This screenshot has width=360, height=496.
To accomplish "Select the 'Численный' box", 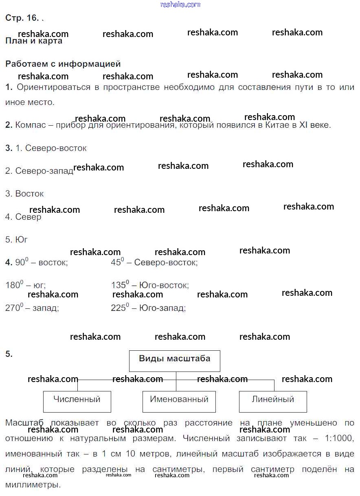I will pyautogui.click(x=77, y=401).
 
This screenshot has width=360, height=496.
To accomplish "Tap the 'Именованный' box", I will pyautogui.click(x=179, y=401).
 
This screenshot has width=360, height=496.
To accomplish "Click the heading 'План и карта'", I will pyautogui.click(x=34, y=41).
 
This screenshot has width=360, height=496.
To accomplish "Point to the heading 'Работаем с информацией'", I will pyautogui.click(x=63, y=64).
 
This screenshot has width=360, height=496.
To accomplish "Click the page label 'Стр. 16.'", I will pyautogui.click(x=22, y=18).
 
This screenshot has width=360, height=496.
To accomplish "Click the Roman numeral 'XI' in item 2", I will pyautogui.click(x=304, y=125).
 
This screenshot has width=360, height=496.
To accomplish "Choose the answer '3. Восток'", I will pyautogui.click(x=24, y=194).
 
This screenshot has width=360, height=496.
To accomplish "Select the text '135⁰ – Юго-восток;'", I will pyautogui.click(x=149, y=285).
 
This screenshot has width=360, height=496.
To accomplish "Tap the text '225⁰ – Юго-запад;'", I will pyautogui.click(x=148, y=308).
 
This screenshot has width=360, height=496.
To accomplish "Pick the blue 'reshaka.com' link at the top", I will pyautogui.click(x=180, y=4).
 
